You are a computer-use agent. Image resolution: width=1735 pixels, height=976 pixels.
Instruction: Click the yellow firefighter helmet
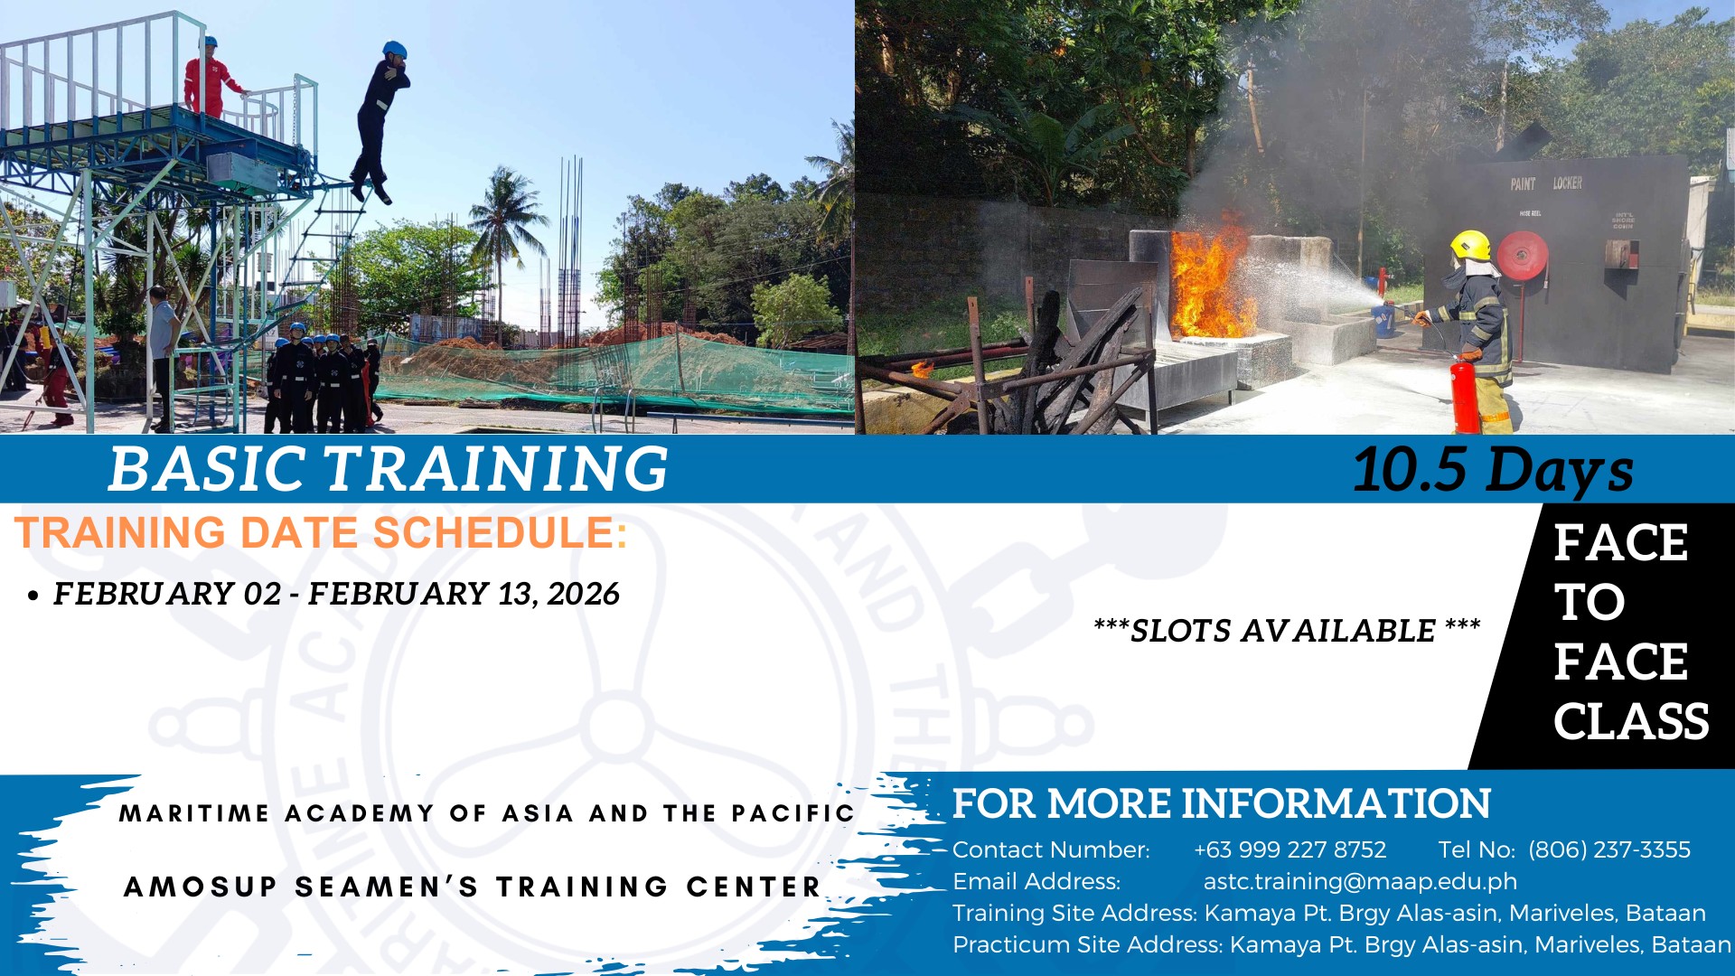tap(1470, 245)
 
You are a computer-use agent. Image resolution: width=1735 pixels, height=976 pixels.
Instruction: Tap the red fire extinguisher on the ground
tap(1464, 394)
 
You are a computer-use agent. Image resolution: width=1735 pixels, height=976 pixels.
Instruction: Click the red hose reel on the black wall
tap(1523, 255)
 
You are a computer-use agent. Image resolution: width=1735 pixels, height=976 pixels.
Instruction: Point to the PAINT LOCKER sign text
tap(1546, 183)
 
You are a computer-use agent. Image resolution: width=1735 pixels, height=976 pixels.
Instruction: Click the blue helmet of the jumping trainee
tap(394, 49)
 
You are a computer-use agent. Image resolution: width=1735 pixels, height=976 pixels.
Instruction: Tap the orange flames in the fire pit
tap(1211, 280)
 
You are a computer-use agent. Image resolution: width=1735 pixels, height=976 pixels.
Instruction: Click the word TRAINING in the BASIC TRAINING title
tap(496, 468)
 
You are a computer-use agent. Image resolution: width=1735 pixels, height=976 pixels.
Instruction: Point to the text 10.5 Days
tap(1493, 470)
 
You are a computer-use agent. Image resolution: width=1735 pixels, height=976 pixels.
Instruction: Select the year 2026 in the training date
tap(583, 594)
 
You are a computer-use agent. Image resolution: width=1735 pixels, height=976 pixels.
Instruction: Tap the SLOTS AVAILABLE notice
tap(1287, 630)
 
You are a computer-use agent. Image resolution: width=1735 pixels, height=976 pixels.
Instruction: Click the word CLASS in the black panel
tap(1631, 721)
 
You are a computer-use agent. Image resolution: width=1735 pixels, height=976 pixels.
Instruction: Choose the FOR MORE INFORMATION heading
tap(1222, 803)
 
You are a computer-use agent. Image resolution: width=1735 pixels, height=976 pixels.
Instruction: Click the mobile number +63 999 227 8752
tap(1290, 849)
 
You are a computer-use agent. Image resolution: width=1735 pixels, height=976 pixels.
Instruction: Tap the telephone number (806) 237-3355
tap(1609, 849)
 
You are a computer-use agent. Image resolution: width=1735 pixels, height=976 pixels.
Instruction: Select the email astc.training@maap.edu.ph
tap(1360, 881)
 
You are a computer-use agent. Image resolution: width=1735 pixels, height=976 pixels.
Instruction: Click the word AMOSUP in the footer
tap(200, 887)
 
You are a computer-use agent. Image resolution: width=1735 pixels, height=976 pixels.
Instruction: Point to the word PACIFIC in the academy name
tap(792, 813)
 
